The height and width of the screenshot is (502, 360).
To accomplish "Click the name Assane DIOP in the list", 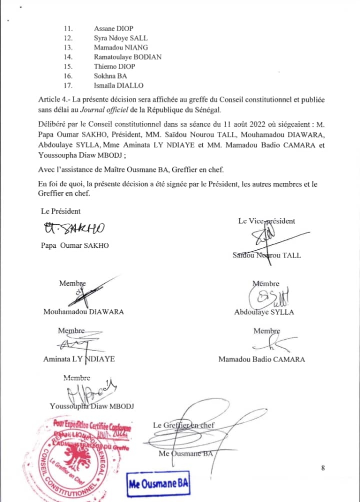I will pos(113,28).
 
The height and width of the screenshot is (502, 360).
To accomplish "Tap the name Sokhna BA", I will pos(110,76).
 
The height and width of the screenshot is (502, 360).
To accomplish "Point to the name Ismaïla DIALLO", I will pos(118,85).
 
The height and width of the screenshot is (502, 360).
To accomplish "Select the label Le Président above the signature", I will pos(61,211).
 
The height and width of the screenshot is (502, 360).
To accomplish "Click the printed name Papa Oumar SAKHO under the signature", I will pos(75,245).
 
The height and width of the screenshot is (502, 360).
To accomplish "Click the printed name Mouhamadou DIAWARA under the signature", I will pos(83,312).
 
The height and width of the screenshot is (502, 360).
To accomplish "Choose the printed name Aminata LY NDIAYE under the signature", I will pos(79,359).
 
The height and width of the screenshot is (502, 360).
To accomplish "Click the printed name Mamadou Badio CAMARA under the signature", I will pos(261,359).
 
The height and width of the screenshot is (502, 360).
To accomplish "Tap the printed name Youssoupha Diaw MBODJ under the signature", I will pos(95,406).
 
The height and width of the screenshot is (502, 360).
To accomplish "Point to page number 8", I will pos(323,468).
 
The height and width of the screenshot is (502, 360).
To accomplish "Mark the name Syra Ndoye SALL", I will pos(120,38).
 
